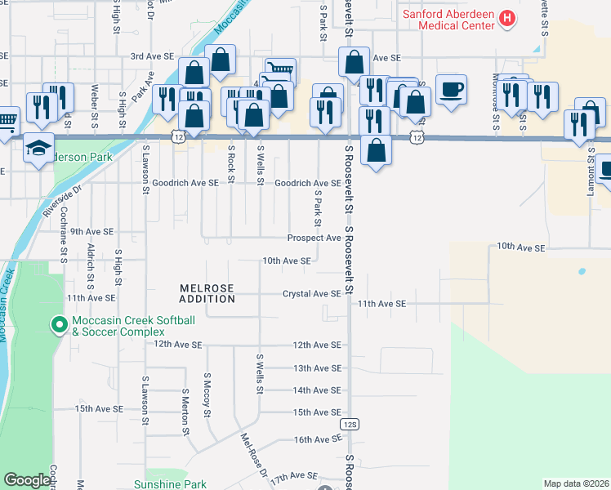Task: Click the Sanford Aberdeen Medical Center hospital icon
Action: (507, 17)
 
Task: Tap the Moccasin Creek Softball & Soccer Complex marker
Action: (59, 326)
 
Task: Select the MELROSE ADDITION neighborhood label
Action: (207, 294)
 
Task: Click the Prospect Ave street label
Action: (313, 238)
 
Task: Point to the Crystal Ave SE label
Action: (311, 294)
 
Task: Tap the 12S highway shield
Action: (350, 424)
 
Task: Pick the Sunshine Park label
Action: (170, 484)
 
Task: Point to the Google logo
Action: (28, 480)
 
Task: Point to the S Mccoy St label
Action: (207, 395)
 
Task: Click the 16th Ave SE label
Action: (317, 440)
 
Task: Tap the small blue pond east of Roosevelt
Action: (581, 270)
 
